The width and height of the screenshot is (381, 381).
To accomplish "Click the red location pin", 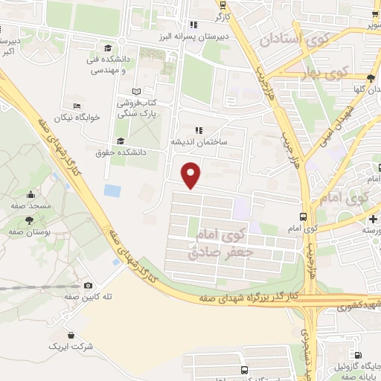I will click(x=191, y=173).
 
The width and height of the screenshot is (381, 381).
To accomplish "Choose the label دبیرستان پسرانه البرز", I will click(x=193, y=35).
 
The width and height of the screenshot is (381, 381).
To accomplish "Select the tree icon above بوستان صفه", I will click(x=29, y=220).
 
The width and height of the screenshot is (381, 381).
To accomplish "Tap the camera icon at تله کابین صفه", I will click(x=89, y=285).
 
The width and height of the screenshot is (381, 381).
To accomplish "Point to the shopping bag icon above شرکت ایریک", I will click(x=71, y=335).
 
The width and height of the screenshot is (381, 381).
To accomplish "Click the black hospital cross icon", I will click(x=373, y=219).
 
